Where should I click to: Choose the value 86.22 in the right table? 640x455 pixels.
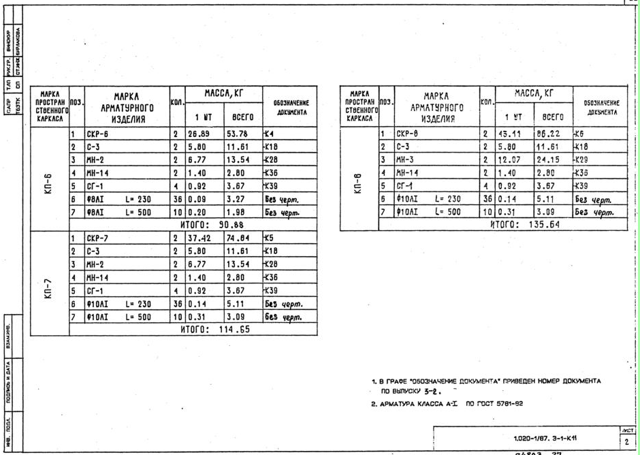(x=549, y=134)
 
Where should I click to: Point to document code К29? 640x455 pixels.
(x=583, y=159)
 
